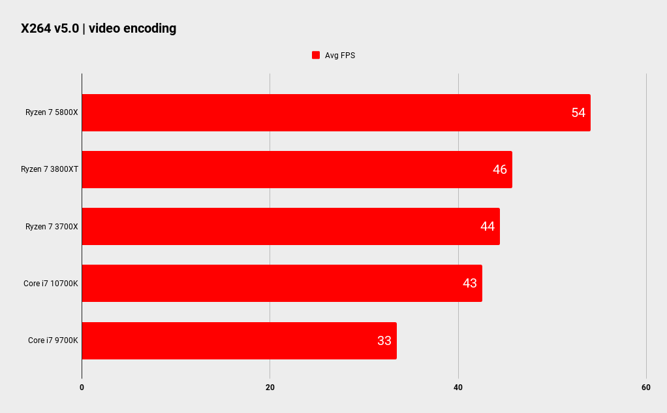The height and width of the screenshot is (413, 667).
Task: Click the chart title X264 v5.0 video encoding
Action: [99, 28]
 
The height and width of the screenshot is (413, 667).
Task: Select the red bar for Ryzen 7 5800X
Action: [336, 112]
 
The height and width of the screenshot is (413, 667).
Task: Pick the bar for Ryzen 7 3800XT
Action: [297, 169]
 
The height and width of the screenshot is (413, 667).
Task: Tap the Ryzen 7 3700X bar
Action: [291, 226]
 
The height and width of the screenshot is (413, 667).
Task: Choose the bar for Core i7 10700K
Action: [282, 283]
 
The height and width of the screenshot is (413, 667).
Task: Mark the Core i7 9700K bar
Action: [239, 340]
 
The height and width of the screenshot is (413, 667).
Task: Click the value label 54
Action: [578, 112]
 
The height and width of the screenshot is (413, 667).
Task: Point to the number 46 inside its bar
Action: [500, 169]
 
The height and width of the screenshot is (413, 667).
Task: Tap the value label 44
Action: [488, 226]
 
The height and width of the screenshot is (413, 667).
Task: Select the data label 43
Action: [470, 283]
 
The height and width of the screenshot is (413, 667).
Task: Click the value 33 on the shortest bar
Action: [384, 340]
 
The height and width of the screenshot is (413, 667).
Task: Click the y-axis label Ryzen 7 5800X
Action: [52, 112]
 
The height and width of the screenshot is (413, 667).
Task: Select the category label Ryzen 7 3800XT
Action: [50, 169]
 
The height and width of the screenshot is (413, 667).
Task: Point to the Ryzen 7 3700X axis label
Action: [52, 227]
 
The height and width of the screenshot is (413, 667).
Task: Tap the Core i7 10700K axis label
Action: [51, 284]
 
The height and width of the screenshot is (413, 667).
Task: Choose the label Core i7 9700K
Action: [53, 340]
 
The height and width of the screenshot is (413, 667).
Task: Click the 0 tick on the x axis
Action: [82, 388]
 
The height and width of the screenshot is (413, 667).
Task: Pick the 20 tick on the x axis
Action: [270, 388]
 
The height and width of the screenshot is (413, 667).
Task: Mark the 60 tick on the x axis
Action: [645, 388]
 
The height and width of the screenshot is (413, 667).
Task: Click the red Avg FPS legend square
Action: [316, 55]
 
